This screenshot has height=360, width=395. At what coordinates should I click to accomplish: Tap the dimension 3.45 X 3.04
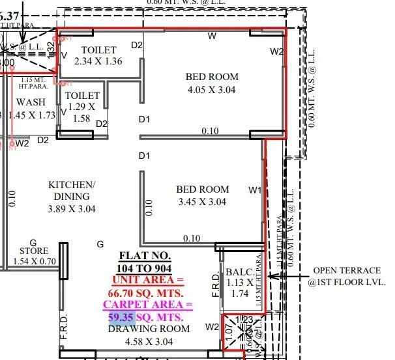(x=203, y=202)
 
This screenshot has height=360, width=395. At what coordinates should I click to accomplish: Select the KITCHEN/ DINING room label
(x=72, y=191)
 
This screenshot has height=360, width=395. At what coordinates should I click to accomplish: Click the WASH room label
(x=31, y=102)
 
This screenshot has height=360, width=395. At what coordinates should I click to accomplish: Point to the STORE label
(x=34, y=250)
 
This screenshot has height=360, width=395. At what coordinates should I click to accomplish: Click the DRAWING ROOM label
(x=159, y=329)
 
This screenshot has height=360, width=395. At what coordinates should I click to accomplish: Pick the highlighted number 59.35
(x=121, y=317)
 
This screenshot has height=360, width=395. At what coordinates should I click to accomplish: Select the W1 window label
(x=255, y=190)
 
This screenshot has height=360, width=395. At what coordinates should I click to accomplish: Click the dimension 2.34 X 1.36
(x=98, y=62)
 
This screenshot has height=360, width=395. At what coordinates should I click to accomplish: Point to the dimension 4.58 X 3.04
(x=158, y=340)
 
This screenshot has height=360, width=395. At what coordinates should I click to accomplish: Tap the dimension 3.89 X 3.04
(x=72, y=209)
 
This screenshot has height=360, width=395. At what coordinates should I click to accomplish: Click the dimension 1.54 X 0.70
(x=35, y=261)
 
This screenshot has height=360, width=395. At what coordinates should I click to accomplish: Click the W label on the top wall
(x=212, y=36)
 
